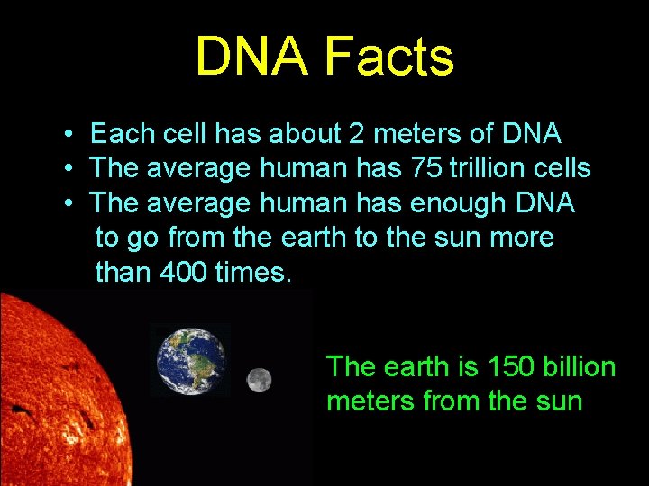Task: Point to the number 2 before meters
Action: [357, 135]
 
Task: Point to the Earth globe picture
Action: [191, 360]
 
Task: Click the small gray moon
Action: [260, 380]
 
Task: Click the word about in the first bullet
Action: [299, 135]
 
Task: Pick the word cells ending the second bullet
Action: [562, 168]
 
